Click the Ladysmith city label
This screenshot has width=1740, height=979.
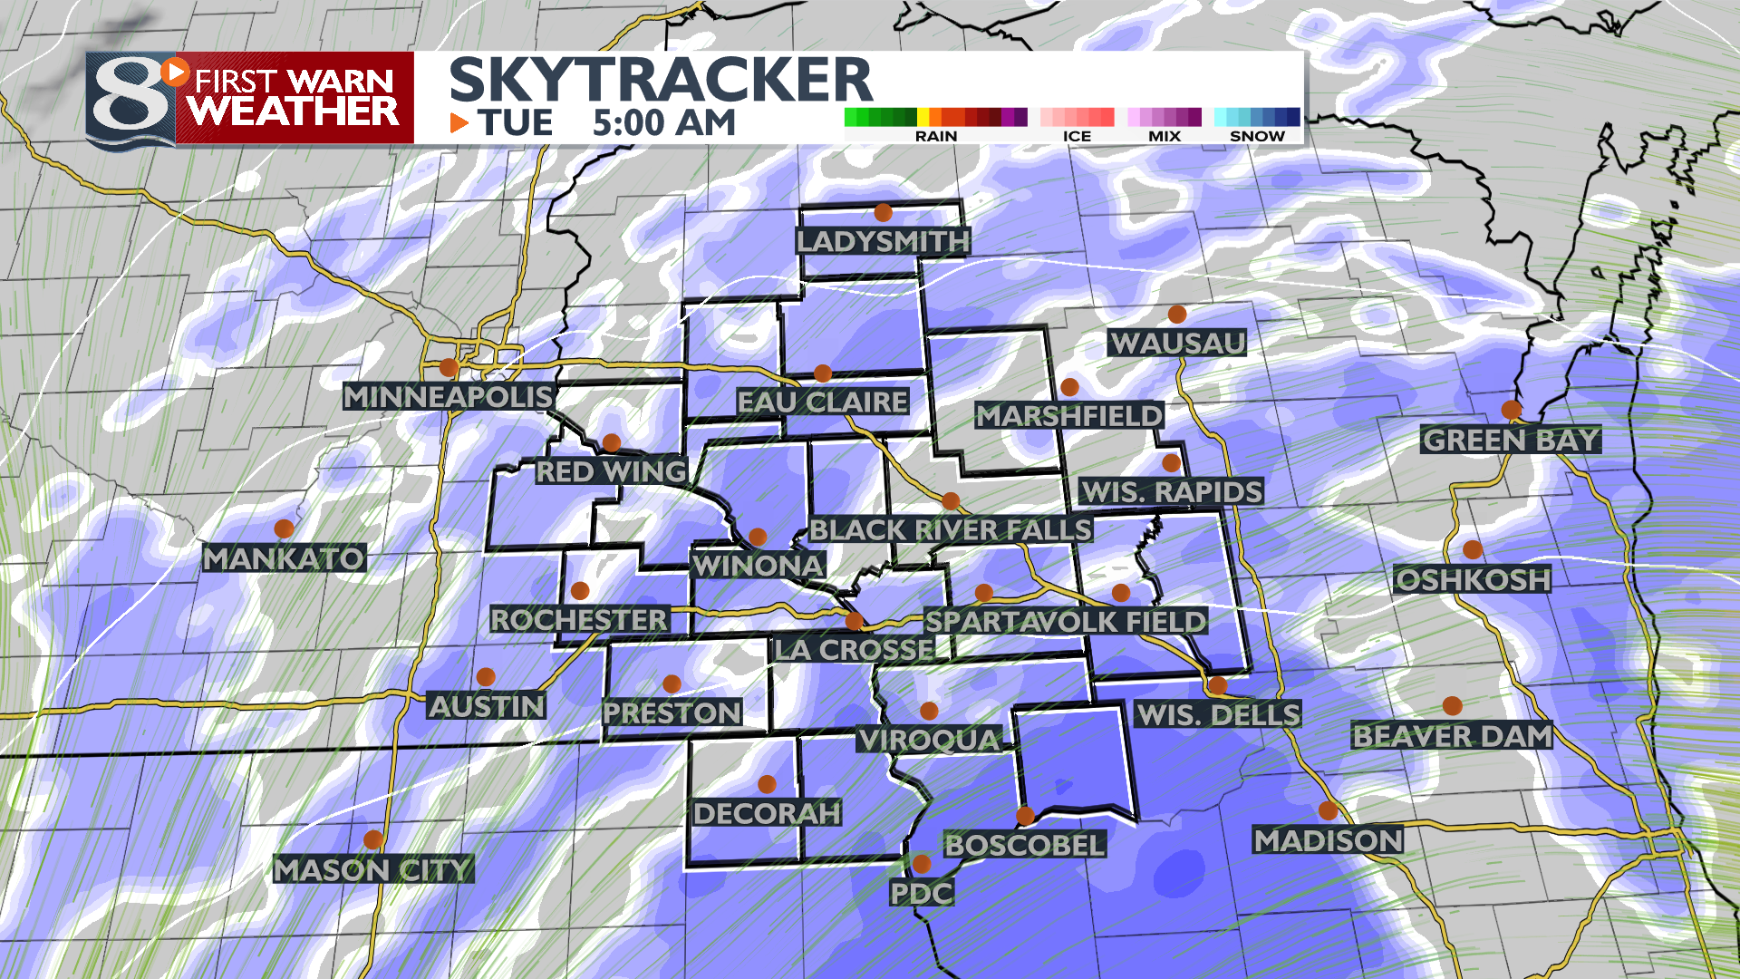click(x=883, y=241)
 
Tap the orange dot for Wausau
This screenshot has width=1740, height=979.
click(x=1177, y=315)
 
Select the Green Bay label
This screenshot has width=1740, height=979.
click(x=1511, y=441)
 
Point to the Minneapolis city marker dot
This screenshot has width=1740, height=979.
click(x=449, y=368)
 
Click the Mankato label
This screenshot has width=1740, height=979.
click(x=284, y=558)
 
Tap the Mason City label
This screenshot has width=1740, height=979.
click(x=372, y=870)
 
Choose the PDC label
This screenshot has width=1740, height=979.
click(x=921, y=894)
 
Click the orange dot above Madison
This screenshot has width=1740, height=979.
click(x=1328, y=810)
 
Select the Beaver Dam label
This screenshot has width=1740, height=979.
click(x=1452, y=736)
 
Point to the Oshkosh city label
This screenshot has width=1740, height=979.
click(x=1473, y=580)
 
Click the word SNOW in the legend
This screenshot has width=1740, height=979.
click(x=1257, y=136)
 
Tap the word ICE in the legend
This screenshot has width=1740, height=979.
click(x=1077, y=136)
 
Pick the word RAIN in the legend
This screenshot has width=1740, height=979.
click(x=936, y=136)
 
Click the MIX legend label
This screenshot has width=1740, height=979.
click(x=1165, y=136)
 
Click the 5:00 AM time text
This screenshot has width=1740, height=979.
click(x=663, y=123)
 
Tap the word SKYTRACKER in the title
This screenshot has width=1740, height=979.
click(x=661, y=80)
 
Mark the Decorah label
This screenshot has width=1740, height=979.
click(x=767, y=813)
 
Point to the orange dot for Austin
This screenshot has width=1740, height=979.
click(x=486, y=677)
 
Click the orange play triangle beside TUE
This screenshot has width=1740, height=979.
click(x=459, y=122)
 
